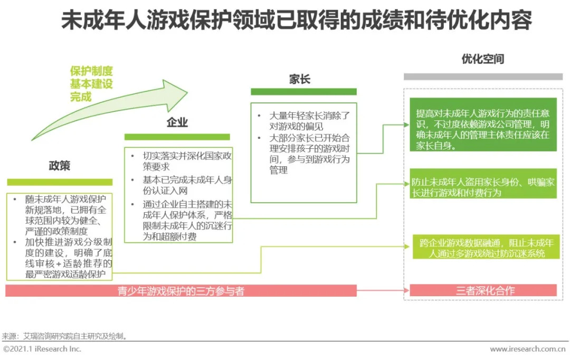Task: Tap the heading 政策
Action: point(60,166)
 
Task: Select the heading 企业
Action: point(177,122)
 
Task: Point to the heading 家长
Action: point(300,79)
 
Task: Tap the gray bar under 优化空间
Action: point(480,77)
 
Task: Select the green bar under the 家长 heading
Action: point(303,92)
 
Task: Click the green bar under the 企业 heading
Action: point(177,137)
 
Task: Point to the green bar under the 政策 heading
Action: point(60,182)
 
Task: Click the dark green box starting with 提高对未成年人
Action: point(483,129)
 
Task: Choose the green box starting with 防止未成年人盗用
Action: point(483,187)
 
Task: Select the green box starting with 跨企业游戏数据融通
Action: point(483,248)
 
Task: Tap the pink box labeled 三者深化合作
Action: point(483,290)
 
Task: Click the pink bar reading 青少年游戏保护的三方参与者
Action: point(181,291)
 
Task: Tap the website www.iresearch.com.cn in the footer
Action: point(528,349)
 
